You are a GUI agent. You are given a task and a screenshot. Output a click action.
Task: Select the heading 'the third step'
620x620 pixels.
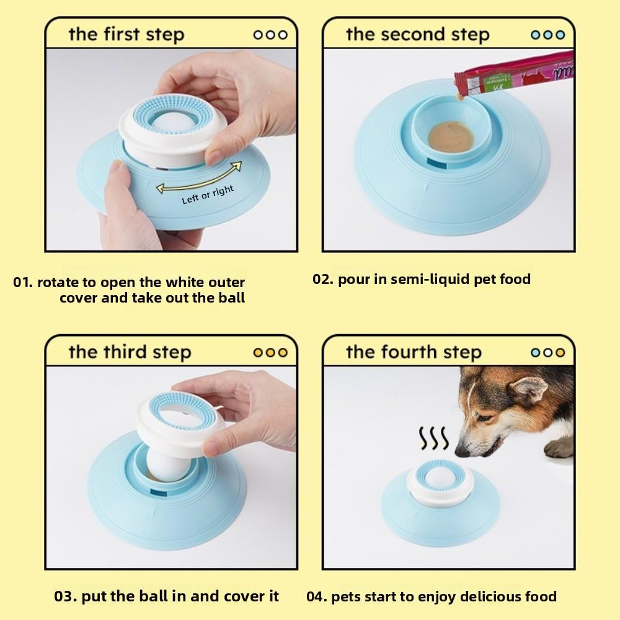pyautogui.click(x=129, y=352)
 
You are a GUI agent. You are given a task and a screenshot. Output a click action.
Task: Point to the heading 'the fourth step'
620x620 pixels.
pyautogui.click(x=414, y=352)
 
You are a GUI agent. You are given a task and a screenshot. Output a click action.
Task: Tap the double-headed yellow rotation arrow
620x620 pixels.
pyautogui.click(x=198, y=177)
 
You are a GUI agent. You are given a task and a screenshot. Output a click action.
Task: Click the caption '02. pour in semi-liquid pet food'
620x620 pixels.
pyautogui.click(x=422, y=279)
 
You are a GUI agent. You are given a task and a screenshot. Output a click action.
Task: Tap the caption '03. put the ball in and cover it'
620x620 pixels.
pyautogui.click(x=167, y=596)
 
